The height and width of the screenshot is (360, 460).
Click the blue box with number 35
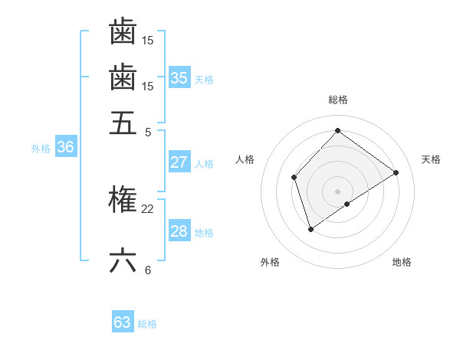179,78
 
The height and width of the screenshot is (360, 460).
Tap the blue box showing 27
179,162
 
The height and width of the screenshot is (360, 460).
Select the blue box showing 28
179,231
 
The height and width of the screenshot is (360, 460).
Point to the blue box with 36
65,148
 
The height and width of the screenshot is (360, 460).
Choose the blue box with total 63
123,322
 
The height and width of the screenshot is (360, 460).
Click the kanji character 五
123,123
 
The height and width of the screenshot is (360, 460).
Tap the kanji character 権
123,200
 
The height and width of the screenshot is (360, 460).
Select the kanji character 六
123,261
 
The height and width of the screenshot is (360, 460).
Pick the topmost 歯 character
123,31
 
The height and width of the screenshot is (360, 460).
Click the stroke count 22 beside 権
147,208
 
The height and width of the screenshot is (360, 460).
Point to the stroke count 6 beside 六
147,270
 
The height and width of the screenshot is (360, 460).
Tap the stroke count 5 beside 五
147,131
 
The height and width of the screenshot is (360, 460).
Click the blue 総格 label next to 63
147,324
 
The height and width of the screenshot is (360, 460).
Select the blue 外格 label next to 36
41,149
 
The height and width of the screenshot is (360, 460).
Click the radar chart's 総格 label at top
337,100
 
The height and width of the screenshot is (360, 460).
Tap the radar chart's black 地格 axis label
402,262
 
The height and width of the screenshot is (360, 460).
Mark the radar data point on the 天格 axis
396,172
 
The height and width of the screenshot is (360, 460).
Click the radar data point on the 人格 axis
294,178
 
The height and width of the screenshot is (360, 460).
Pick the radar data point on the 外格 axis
310,229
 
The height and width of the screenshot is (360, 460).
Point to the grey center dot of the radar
337,191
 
